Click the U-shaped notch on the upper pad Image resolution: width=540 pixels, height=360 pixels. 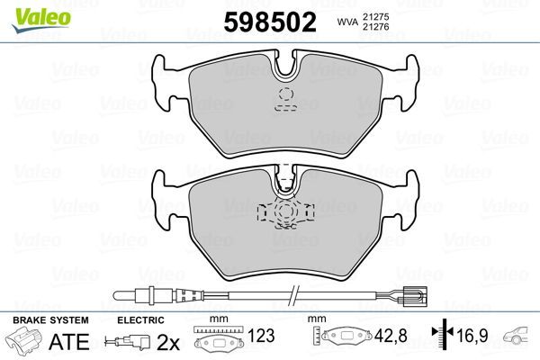pos(288,66)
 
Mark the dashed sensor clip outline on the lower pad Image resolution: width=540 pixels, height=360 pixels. pos(284,212)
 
